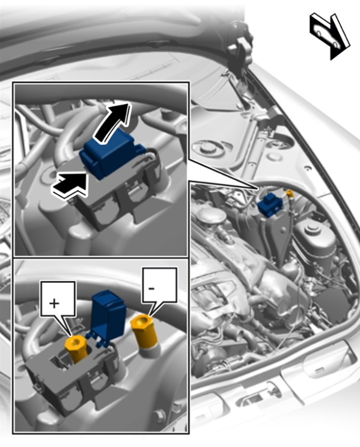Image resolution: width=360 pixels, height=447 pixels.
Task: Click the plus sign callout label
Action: pos(58,300)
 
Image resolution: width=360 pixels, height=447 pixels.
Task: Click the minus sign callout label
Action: pos(160,286)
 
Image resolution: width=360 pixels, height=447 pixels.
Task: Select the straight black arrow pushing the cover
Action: pos(69,185)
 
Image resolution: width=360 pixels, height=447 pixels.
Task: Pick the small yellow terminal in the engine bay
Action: pos(290,193)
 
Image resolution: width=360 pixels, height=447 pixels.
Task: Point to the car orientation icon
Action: pos(329,35)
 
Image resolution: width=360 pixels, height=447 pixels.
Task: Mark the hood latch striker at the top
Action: pos(241,49)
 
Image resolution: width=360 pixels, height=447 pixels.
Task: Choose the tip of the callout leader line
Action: pos(258,188)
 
